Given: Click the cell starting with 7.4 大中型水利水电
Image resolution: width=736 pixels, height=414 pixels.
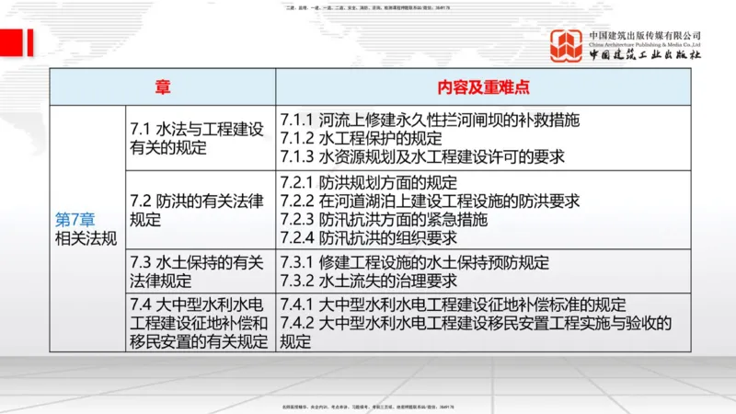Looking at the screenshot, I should point(199,323).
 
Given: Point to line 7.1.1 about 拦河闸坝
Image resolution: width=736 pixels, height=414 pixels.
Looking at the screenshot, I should point(430,120).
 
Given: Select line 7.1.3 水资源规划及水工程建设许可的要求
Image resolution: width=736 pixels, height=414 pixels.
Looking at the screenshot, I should point(422,155).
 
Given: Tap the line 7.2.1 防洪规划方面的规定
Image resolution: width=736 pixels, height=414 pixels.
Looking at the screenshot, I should point(369,183).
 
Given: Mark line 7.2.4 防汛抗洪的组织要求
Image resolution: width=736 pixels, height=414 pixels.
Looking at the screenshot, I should point(369,237).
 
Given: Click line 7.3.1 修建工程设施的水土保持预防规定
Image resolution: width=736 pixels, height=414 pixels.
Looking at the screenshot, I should point(415,263).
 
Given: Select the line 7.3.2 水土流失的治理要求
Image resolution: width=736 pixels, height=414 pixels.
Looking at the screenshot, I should point(369,281).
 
